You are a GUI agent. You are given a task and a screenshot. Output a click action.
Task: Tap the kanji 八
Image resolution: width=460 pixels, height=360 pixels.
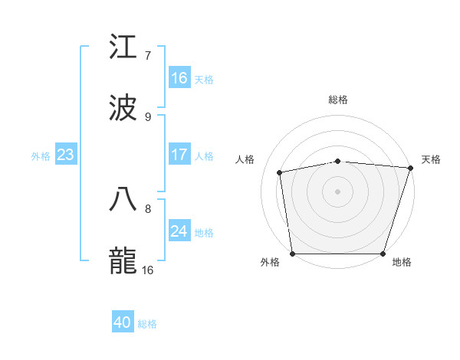123,198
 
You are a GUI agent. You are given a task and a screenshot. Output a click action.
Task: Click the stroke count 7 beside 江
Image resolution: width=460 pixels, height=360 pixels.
148,55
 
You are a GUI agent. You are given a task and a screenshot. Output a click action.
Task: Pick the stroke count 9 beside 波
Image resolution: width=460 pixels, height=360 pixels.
148,117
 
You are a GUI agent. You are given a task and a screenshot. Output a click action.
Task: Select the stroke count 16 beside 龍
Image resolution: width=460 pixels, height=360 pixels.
148,270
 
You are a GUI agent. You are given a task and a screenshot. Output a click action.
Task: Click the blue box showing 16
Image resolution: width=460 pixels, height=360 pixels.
179,77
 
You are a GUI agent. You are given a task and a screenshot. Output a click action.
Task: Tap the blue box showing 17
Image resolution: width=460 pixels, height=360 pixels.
179,154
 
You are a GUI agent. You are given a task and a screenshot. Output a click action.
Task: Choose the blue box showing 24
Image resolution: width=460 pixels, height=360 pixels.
179,231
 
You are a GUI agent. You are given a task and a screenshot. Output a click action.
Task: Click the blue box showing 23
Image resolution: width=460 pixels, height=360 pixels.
66,154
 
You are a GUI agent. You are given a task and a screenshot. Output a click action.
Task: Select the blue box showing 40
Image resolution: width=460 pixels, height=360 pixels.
123,322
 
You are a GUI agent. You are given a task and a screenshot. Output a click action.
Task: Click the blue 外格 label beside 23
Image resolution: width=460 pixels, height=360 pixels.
41,155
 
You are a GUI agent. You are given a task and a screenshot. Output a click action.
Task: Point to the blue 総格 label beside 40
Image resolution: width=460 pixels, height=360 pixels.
147,324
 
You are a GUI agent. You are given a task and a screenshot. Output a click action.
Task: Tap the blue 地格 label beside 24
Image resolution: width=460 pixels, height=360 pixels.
204,232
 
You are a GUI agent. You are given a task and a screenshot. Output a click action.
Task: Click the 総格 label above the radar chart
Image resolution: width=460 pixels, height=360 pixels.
338,100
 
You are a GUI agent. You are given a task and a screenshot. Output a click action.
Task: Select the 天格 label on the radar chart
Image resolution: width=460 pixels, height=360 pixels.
431,159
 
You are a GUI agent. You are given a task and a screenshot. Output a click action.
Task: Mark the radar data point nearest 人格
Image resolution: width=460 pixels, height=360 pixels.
280,172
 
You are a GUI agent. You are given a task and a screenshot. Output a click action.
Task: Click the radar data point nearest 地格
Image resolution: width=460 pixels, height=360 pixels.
383,254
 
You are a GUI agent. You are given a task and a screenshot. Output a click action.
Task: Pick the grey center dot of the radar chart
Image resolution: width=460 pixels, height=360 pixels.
338,191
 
